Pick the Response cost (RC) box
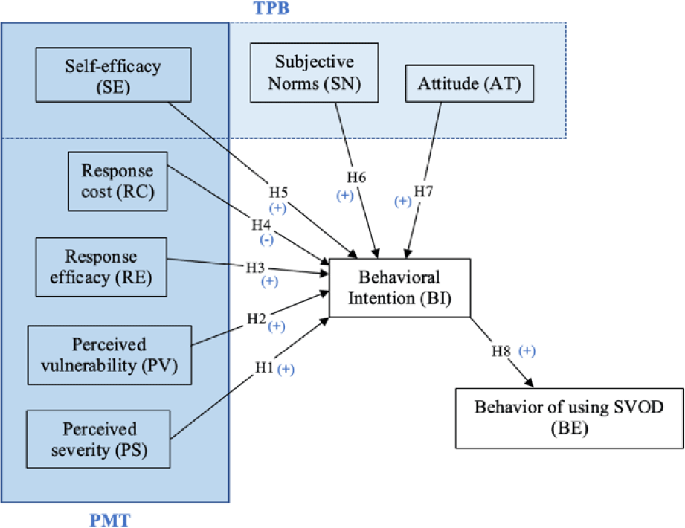[x=118, y=181]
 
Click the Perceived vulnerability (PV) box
[x=109, y=355]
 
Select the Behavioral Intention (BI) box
[x=399, y=287]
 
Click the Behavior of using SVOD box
[x=568, y=416]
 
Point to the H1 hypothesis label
[x=264, y=367]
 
